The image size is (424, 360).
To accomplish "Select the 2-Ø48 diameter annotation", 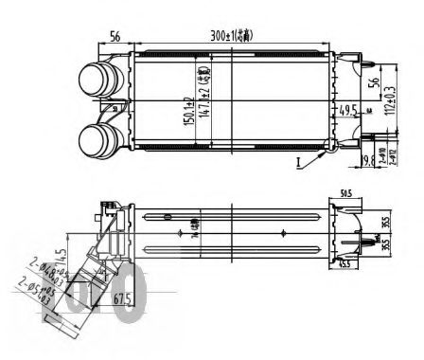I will tap(44, 275).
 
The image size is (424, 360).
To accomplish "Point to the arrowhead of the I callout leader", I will tap(327, 149).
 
